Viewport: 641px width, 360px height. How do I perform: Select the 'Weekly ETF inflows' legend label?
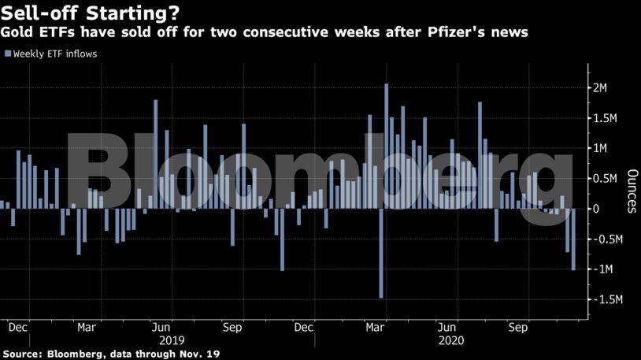tap(55, 54)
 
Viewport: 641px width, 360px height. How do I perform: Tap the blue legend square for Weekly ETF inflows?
tap(8, 54)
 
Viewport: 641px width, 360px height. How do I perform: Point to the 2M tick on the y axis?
tap(600, 87)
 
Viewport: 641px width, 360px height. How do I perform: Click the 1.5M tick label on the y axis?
tap(605, 118)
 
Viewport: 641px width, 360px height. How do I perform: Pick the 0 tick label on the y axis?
tap(598, 209)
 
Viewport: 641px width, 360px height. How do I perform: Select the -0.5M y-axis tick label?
tap(606, 239)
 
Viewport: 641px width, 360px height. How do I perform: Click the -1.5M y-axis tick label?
tap(606, 300)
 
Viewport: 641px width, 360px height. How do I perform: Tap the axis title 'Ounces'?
tap(631, 191)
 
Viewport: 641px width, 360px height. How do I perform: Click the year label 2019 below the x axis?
tap(172, 340)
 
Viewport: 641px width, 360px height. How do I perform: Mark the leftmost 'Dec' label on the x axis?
tap(18, 326)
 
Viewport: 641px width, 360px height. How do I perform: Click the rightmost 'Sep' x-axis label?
tap(517, 326)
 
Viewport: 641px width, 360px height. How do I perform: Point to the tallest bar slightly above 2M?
tap(387, 146)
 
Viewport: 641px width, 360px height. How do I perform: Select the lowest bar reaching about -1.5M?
tap(381, 253)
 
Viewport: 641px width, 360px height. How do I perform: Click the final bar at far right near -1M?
tap(573, 239)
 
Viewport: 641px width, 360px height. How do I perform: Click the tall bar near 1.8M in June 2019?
tap(156, 154)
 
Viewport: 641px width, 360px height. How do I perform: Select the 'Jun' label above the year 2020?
tap(447, 326)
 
